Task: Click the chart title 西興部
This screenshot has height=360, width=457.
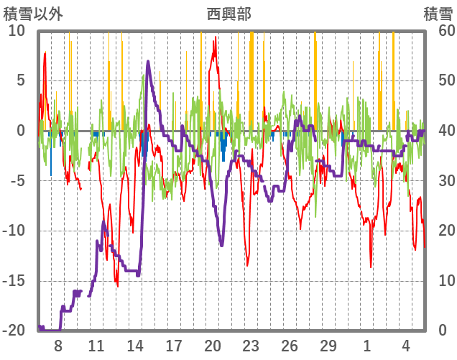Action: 228,14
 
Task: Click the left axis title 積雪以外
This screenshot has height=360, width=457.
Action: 33,14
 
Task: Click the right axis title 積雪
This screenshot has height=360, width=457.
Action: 438,14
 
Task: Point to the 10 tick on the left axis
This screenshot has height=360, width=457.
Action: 17,31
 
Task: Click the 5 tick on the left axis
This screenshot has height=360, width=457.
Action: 20,80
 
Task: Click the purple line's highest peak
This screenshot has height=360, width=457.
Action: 148,61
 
